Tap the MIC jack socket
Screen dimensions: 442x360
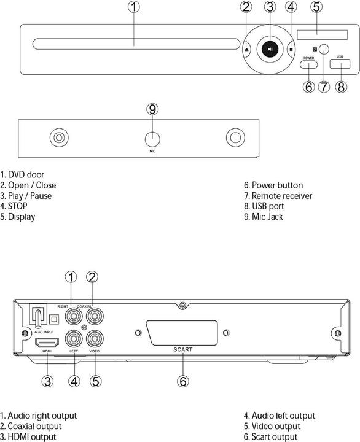tap(152, 137)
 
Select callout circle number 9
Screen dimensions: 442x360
tap(152, 109)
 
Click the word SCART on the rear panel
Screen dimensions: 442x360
tap(182, 349)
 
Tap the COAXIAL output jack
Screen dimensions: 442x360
tap(94, 317)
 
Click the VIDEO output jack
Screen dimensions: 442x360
tap(94, 338)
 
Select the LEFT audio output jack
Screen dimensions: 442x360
tap(74, 338)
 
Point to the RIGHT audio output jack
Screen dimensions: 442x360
tap(74, 317)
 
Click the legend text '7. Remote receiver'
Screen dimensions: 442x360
tap(278, 196)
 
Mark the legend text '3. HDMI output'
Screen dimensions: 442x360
tap(28, 436)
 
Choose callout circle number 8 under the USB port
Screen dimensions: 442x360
tap(342, 87)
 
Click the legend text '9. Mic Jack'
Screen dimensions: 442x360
tap(263, 217)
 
